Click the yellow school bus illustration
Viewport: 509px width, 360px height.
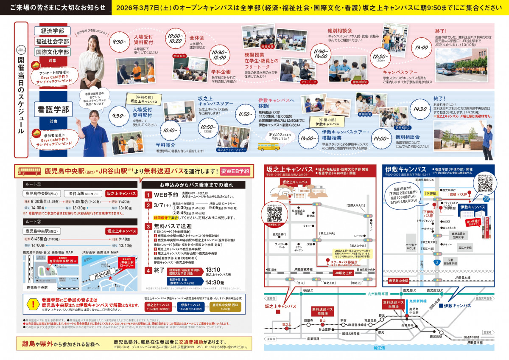coord(268,146)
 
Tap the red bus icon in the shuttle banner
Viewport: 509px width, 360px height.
coord(30,172)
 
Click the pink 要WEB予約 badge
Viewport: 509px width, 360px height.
coord(235,171)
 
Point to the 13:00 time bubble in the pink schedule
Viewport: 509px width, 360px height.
coord(422,48)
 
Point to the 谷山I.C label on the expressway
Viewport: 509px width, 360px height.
coord(308,290)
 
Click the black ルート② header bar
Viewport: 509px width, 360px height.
coord(80,222)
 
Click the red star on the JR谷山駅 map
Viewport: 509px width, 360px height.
coord(110,278)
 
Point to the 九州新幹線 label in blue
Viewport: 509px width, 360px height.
coord(418,301)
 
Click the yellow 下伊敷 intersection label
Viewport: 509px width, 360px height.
coord(431,193)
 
